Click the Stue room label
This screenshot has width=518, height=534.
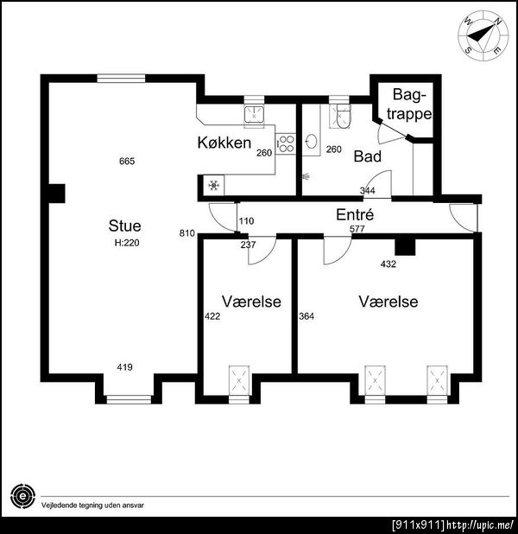click(x=124, y=226)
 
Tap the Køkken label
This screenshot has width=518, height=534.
click(x=224, y=143)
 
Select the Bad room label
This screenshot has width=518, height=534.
click(x=367, y=156)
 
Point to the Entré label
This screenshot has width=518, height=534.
click(x=355, y=214)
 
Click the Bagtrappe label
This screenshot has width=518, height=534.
click(x=409, y=105)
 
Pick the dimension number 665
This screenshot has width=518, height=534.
click(x=127, y=161)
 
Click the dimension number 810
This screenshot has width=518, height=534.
click(x=187, y=233)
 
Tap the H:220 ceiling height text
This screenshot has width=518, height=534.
click(x=127, y=243)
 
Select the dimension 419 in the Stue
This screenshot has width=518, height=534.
click(x=124, y=367)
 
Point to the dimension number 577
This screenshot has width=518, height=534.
click(x=357, y=229)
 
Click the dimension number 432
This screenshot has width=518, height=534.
click(x=388, y=264)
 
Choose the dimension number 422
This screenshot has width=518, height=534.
click(x=212, y=316)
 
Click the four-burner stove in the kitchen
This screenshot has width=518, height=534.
click(x=285, y=143)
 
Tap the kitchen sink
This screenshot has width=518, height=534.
click(x=254, y=113)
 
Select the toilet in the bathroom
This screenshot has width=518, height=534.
click(x=343, y=116)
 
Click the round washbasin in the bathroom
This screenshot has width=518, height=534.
click(x=311, y=142)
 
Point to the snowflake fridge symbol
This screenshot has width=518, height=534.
click(x=214, y=185)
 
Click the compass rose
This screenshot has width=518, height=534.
click(x=483, y=35)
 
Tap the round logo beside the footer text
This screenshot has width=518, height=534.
click(x=22, y=496)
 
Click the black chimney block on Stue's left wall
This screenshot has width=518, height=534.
click(x=56, y=194)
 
